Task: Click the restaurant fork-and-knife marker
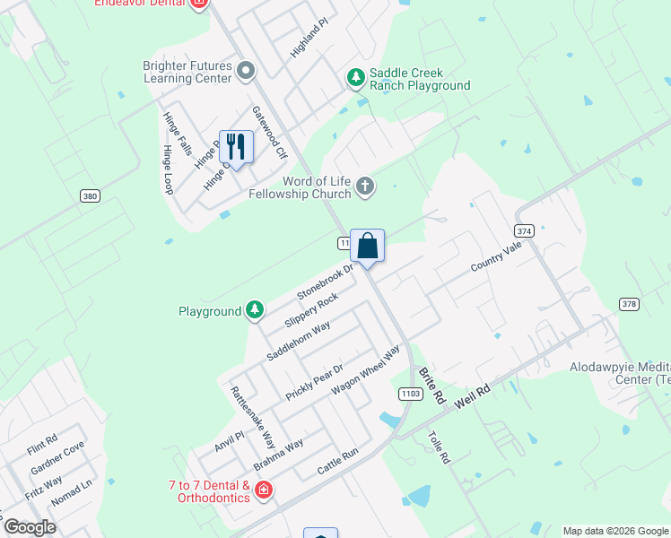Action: click(x=236, y=146)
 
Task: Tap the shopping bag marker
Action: click(x=368, y=244)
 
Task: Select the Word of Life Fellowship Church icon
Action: click(x=364, y=187)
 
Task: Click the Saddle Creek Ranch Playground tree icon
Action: click(x=356, y=78)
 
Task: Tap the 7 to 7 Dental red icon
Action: click(x=264, y=490)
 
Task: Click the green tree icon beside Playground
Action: click(x=256, y=310)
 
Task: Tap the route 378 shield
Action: click(x=630, y=304)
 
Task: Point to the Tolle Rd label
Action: click(x=439, y=448)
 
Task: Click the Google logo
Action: click(x=30, y=526)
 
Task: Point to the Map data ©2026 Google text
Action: click(x=614, y=531)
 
